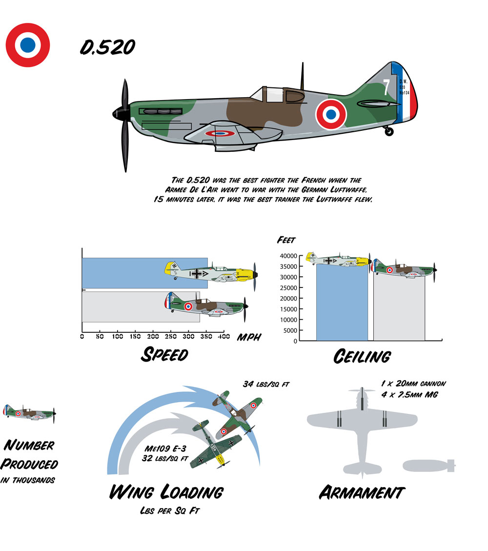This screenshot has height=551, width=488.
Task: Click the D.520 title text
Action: pos(107,47)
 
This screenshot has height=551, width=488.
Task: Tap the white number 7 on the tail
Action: pos(386,87)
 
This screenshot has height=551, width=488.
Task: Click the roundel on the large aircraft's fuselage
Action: pos(331,114)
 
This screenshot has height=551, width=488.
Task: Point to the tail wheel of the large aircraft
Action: pos(389,131)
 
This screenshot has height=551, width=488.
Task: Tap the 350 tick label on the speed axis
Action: pos(206,336)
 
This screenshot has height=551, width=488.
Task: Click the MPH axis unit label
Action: pos(249,337)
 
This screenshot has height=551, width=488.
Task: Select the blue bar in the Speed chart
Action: pos(145,273)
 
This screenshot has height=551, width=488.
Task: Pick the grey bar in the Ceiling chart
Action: pos(399,308)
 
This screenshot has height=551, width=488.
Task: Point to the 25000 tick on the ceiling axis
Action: pos(288,288)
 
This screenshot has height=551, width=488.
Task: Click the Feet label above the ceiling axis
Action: pos(286,240)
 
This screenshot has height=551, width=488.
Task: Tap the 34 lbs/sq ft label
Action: pos(266,384)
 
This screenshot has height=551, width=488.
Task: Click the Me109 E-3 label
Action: pos(165,449)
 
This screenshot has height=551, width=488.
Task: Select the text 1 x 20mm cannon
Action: pos(413,384)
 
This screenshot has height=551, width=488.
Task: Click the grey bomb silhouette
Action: pos(428,466)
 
